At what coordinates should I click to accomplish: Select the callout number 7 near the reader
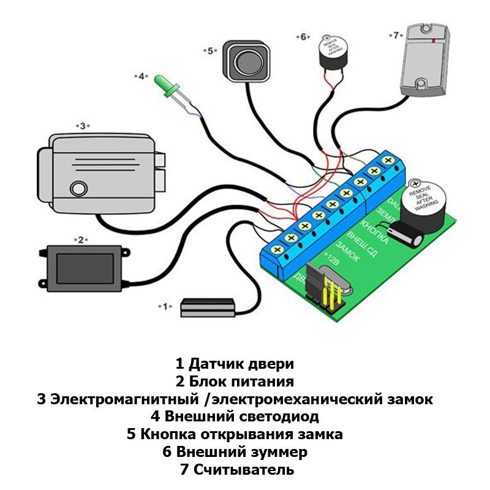(x=395, y=35)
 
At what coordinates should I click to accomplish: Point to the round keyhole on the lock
(x=78, y=188)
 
